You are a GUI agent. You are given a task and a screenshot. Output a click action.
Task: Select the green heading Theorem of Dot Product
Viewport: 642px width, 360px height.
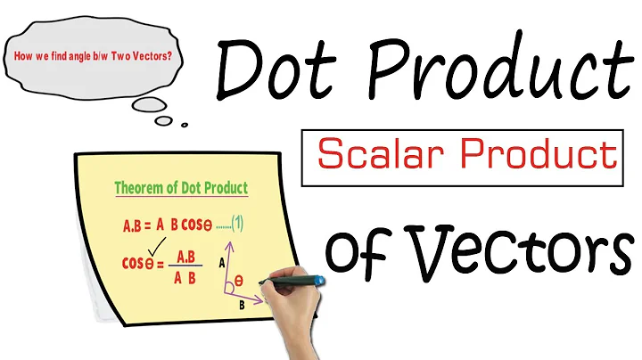[181, 189]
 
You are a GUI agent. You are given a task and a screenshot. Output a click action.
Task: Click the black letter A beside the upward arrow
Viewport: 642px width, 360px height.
[221, 262]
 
